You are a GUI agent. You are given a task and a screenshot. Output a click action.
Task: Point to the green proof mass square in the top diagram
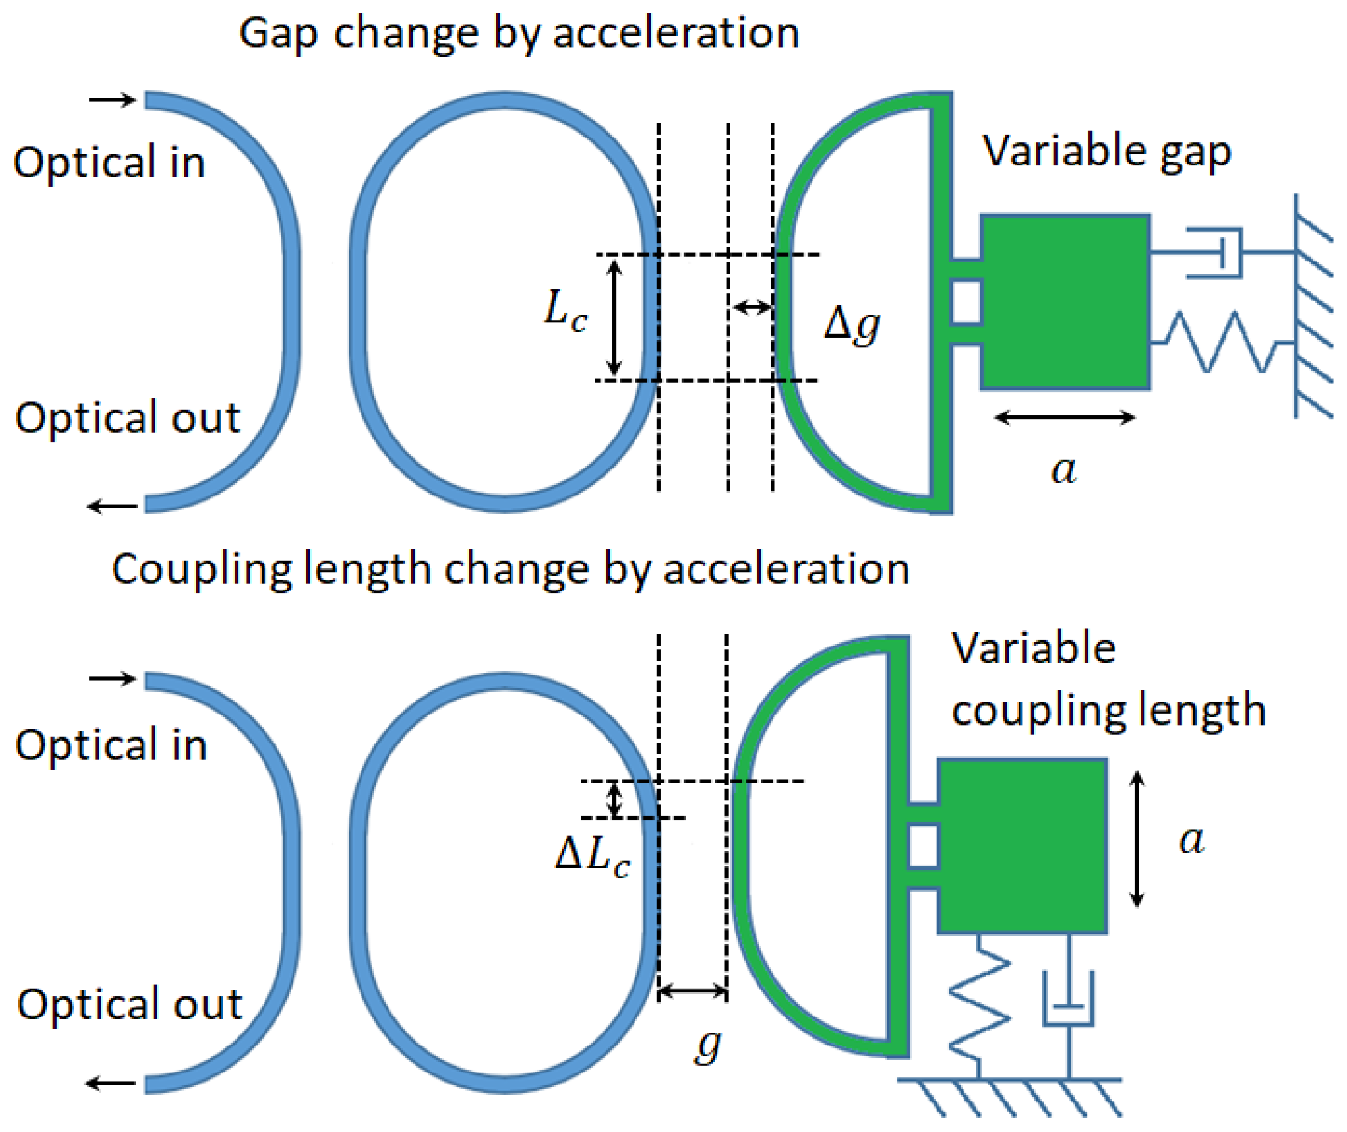point(1065,301)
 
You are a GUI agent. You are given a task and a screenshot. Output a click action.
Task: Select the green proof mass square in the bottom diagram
point(1022,846)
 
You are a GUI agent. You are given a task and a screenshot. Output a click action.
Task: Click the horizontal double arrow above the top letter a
point(1065,418)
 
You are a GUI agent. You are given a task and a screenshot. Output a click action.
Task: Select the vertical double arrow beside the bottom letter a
point(1137,839)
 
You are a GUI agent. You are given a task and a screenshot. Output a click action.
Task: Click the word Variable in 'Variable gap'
point(1062,152)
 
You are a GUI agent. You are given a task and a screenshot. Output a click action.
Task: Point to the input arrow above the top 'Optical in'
point(113,99)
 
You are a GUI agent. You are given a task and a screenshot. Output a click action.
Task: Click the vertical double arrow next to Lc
point(614,318)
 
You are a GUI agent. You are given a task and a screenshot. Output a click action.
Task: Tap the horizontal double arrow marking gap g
point(693,992)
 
